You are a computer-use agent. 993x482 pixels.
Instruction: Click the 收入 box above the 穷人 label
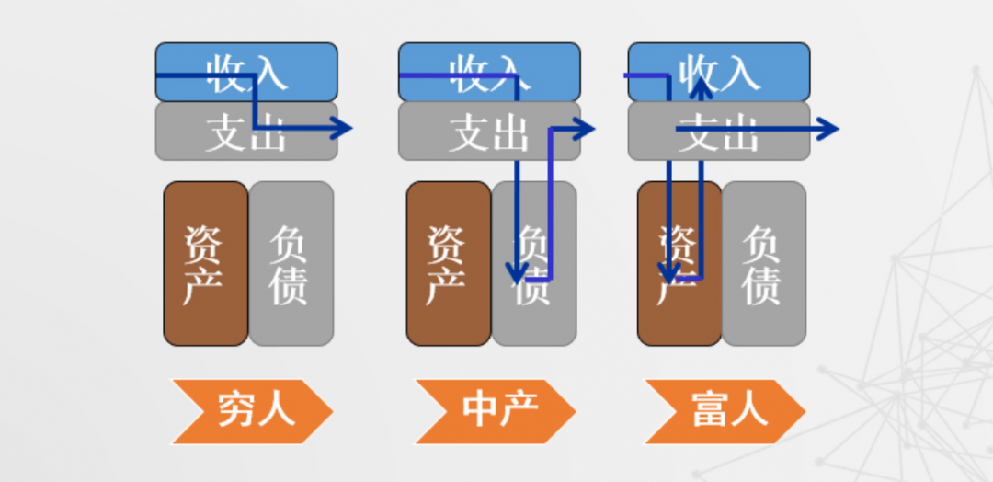246,72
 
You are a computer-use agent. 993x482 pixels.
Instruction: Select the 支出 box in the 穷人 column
246,132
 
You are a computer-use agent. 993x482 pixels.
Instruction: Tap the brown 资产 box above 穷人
205,264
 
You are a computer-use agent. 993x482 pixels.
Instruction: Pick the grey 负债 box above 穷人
291,264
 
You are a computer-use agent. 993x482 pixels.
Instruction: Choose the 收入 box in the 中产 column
489,72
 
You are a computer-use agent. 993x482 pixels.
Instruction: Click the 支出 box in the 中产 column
489,132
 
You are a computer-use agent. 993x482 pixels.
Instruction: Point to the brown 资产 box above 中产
449,264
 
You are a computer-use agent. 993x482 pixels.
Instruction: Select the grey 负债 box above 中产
534,264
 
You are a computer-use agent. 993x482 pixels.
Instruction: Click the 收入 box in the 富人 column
719,72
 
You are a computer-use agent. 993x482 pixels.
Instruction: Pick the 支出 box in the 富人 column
719,132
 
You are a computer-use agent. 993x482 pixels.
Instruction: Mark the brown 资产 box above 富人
679,264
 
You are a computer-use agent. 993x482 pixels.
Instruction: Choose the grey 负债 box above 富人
764,264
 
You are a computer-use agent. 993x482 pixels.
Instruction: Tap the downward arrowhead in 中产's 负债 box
519,274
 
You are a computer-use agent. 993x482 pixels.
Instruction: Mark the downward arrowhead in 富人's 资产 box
670,274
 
